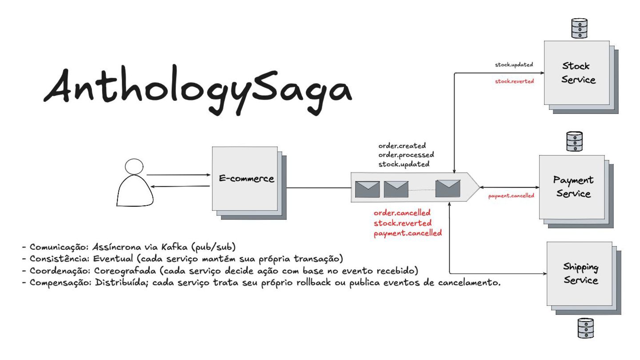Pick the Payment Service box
pos(572,187)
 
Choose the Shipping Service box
pos(580,274)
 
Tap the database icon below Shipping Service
pos(585,328)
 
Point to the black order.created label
pos(402,146)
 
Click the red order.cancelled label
pos(402,213)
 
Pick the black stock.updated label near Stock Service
pos(514,65)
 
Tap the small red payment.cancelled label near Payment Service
pos(511,196)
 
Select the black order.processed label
pos(406,155)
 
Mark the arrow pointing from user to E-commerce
pos(178,175)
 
